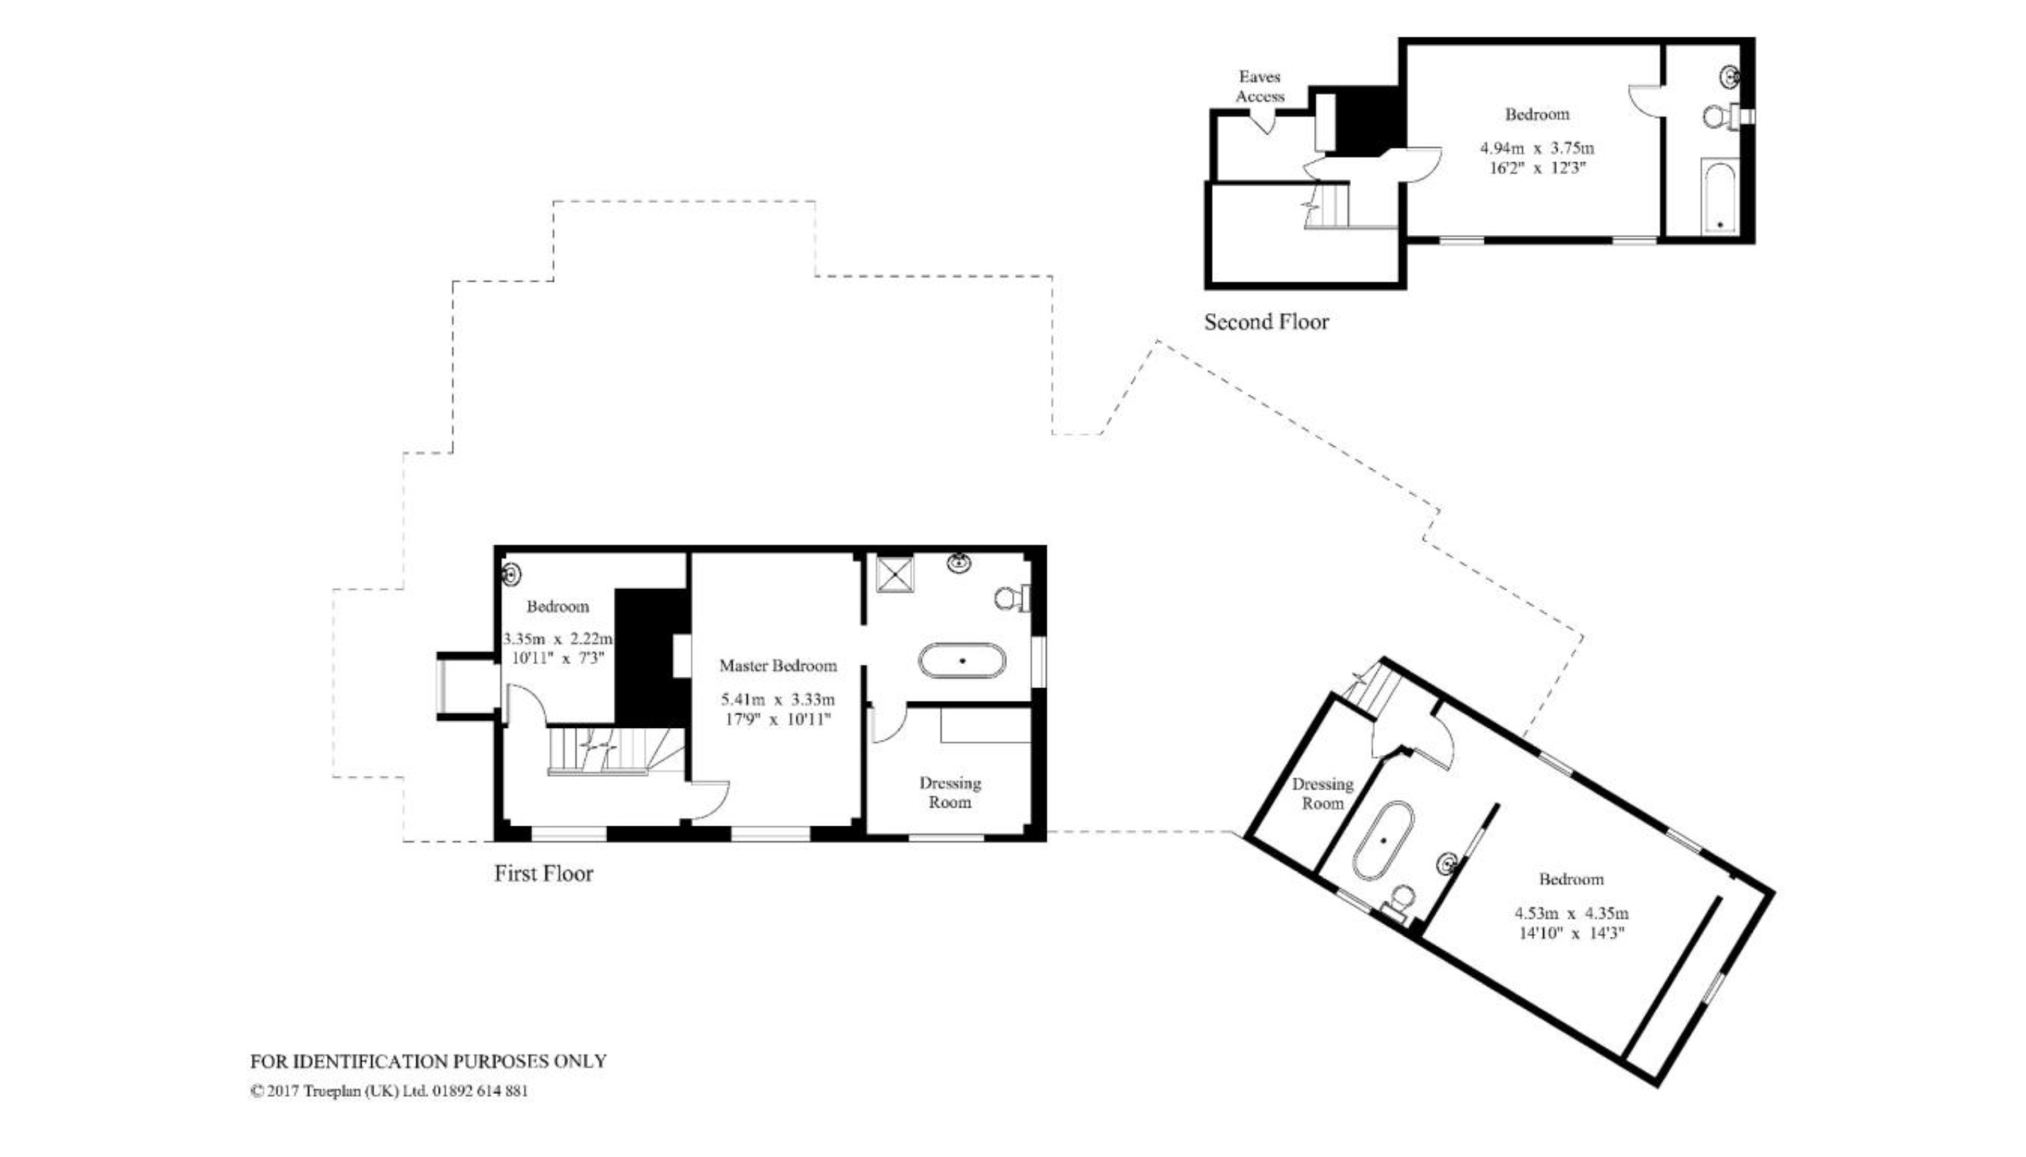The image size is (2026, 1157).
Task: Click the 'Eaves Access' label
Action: point(1260,86)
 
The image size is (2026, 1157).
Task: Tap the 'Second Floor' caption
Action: point(1266,322)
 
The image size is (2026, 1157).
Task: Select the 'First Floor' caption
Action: point(543,873)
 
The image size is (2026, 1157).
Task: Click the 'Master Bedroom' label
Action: point(778,665)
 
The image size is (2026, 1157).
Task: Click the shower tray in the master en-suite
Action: point(895,574)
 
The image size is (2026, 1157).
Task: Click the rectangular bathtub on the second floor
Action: point(1720,196)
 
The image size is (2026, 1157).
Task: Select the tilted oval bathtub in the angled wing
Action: point(1383,840)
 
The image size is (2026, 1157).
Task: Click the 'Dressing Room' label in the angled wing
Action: point(1323,793)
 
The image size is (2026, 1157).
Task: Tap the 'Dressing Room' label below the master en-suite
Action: point(950,792)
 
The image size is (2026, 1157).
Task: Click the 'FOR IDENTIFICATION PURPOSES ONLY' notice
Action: point(428,1061)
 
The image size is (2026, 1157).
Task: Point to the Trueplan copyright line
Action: point(389,1091)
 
